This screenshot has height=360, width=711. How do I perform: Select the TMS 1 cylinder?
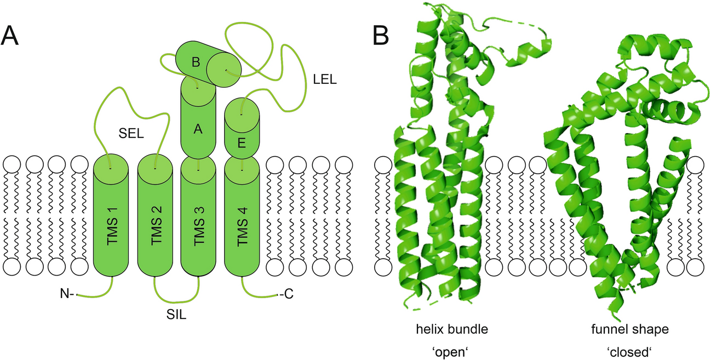(111, 219)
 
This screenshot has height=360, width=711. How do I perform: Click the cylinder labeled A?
(198, 129)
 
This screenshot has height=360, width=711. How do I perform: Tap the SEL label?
(131, 133)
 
